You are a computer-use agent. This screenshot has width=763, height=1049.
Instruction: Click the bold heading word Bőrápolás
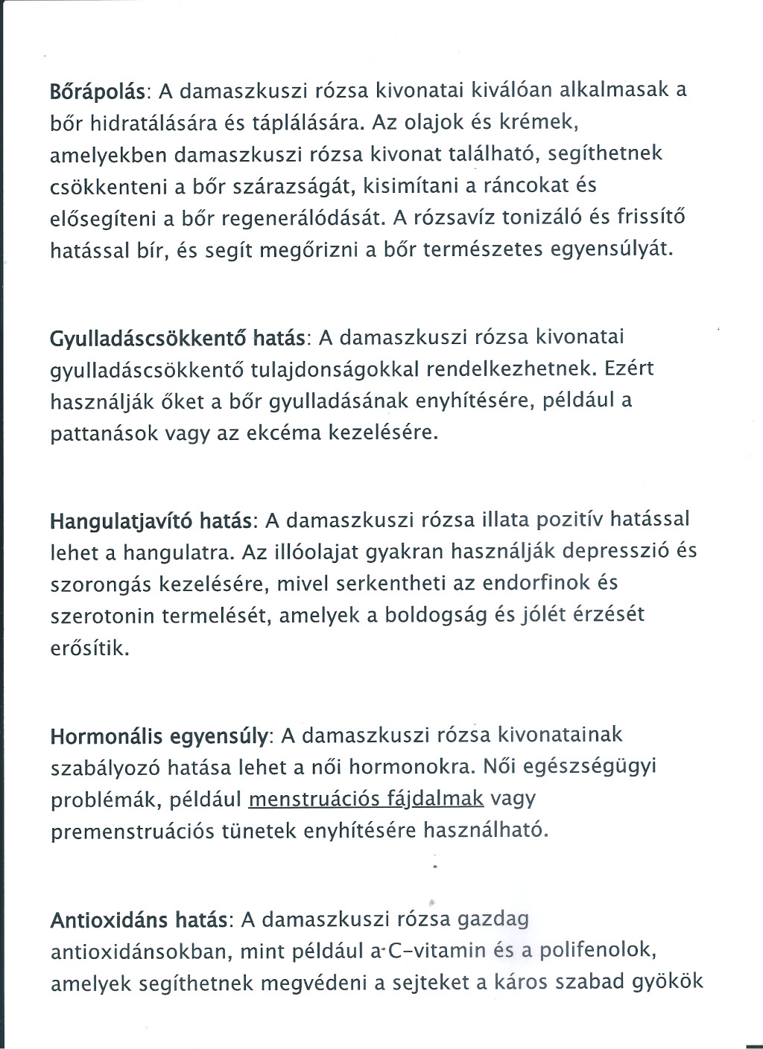(x=100, y=91)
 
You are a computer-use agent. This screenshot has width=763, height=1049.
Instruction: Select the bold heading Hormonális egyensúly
(x=159, y=736)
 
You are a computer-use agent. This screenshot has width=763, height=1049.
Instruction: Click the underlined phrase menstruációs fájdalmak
(x=366, y=799)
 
